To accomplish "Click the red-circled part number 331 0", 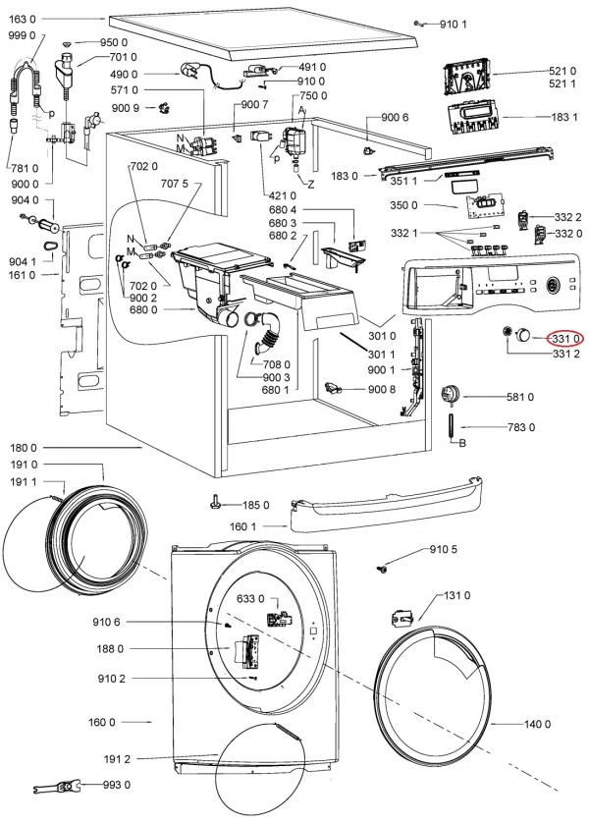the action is (x=565, y=339).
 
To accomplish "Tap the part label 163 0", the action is (x=22, y=19).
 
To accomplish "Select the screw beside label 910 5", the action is (x=382, y=569).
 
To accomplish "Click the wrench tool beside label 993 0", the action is (x=55, y=787).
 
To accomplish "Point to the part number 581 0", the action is (x=519, y=397).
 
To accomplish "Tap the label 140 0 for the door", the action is (x=537, y=724).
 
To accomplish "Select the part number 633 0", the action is (x=250, y=598).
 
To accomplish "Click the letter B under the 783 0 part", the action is (x=462, y=443).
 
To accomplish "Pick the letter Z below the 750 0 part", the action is (x=311, y=184).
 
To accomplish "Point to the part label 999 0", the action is (x=22, y=35).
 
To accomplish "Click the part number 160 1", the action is (x=242, y=526).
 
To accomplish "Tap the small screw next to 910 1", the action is (x=418, y=24).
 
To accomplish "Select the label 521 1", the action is (x=562, y=83).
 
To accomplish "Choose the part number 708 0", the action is (x=277, y=364).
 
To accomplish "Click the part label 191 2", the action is (x=117, y=759).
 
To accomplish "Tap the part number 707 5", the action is (x=174, y=184).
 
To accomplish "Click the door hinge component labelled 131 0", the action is (x=402, y=618).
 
